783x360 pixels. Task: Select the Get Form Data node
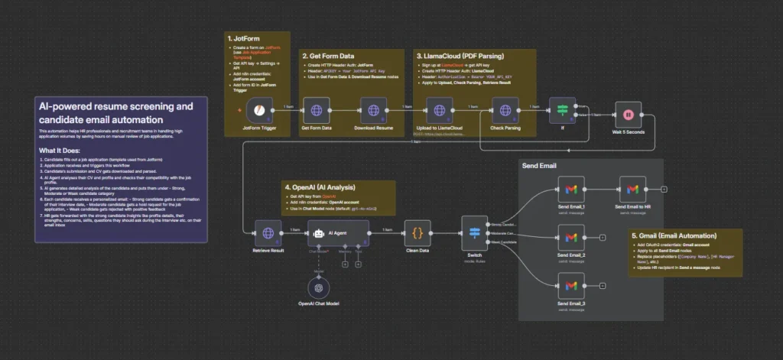tap(316, 112)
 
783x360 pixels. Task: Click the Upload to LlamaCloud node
tap(440, 112)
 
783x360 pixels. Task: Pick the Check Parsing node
tap(505, 112)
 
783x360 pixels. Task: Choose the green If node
tap(562, 112)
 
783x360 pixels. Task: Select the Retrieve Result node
tap(268, 233)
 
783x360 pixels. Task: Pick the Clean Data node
tap(417, 233)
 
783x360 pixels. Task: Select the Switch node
tap(474, 233)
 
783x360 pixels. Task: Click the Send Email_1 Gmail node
tap(570, 189)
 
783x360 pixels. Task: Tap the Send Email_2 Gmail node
tap(570, 238)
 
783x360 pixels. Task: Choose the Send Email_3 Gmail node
tap(570, 286)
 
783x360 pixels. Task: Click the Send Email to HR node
tap(632, 189)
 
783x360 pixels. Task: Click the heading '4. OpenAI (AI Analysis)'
tap(322, 187)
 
